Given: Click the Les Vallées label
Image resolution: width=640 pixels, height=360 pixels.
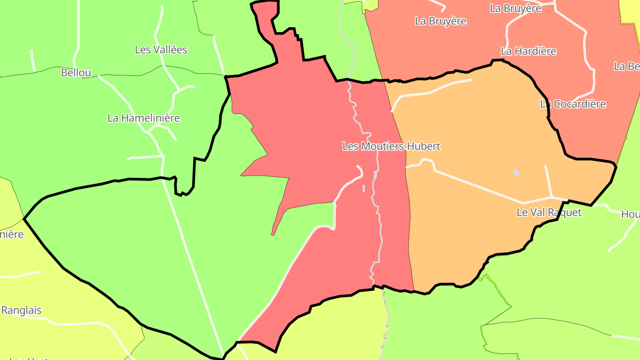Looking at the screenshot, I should click(161, 50).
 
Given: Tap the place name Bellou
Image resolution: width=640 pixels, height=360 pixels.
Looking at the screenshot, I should click(76, 72).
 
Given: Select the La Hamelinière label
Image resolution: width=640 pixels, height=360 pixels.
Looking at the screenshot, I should click(144, 118).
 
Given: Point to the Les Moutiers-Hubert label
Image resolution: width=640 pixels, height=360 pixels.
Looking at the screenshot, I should click(391, 146).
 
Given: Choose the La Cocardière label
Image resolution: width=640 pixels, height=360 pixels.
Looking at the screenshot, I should click(573, 104).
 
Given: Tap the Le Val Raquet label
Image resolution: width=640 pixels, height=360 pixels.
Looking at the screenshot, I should click(549, 212).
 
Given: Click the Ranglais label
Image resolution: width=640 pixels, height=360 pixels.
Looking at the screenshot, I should click(21, 310).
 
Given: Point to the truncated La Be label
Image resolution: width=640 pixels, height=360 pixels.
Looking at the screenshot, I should click(627, 66).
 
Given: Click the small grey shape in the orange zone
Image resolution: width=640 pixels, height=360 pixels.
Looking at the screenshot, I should click(516, 172).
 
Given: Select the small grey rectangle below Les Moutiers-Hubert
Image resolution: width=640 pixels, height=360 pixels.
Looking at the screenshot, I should click(364, 188).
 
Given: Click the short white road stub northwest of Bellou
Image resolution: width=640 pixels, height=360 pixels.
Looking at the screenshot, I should click(32, 60).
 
